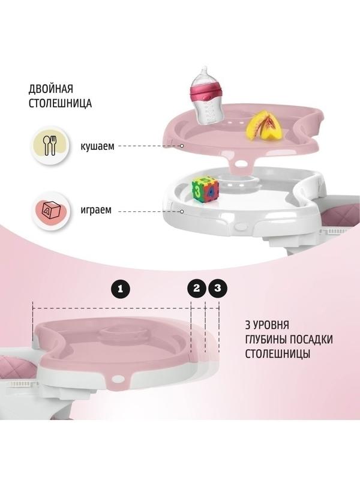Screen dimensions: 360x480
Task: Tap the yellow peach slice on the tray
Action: (263, 125)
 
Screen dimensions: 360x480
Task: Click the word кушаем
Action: (97, 146)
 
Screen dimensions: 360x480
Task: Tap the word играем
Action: (96, 211)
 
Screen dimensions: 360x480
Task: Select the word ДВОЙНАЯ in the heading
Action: (51, 89)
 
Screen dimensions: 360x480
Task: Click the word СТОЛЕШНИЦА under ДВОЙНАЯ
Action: (61, 103)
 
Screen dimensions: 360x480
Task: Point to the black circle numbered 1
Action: (121, 289)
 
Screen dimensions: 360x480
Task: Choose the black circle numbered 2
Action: (197, 288)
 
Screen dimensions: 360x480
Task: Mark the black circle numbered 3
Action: (218, 288)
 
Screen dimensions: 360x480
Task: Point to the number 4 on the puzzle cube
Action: (212, 193)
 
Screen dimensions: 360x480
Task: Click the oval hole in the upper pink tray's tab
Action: (242, 164)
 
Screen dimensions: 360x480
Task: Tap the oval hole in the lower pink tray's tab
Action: (117, 379)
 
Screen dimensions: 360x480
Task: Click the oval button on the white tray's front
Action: (241, 227)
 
